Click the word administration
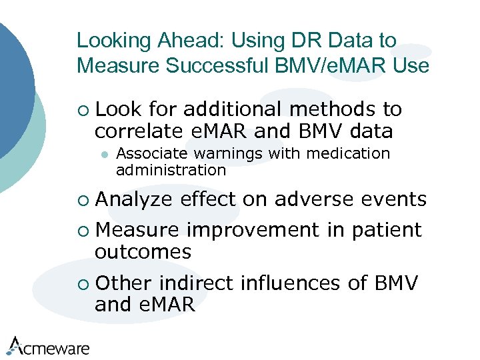(x=171, y=171)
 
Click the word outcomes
(x=143, y=252)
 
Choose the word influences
(x=290, y=283)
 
